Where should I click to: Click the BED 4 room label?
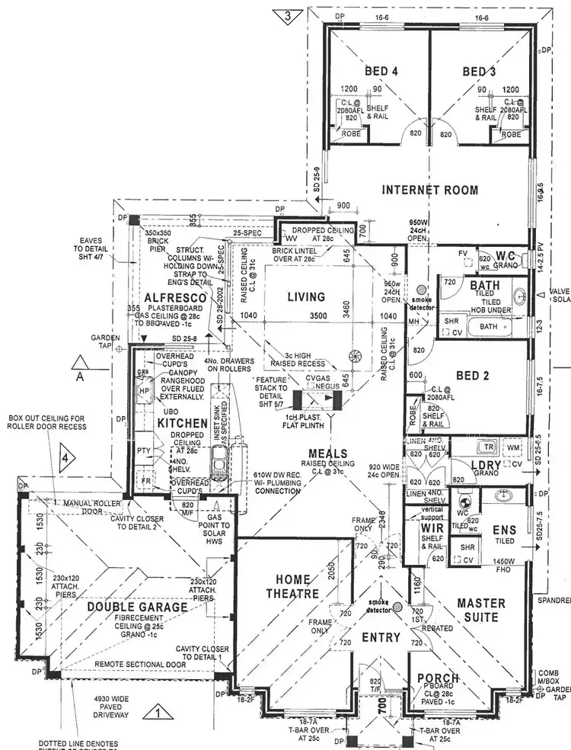tap(381, 72)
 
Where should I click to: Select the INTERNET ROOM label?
tap(430, 190)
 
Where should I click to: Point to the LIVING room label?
tap(305, 296)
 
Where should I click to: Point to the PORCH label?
tap(438, 678)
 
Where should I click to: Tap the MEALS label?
tap(329, 454)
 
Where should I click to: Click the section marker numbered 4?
tap(66, 459)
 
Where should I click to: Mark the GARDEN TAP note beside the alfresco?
tap(101, 340)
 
